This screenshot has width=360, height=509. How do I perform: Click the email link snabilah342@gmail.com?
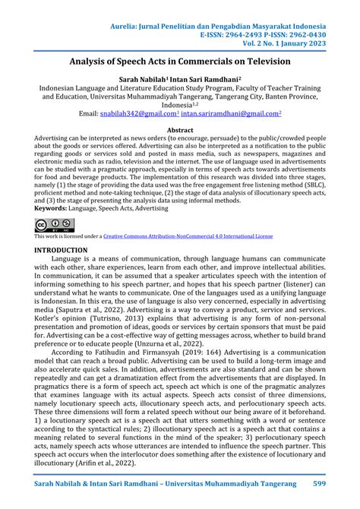click(x=139, y=113)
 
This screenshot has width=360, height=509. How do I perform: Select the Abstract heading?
click(x=180, y=131)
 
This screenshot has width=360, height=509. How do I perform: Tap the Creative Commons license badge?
click(x=53, y=224)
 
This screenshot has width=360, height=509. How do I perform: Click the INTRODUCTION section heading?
click(x=60, y=249)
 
